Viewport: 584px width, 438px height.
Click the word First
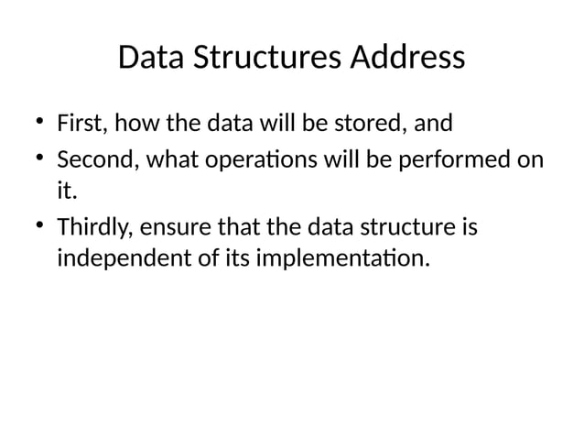tap(80, 122)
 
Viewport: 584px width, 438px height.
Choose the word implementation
tap(340, 260)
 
